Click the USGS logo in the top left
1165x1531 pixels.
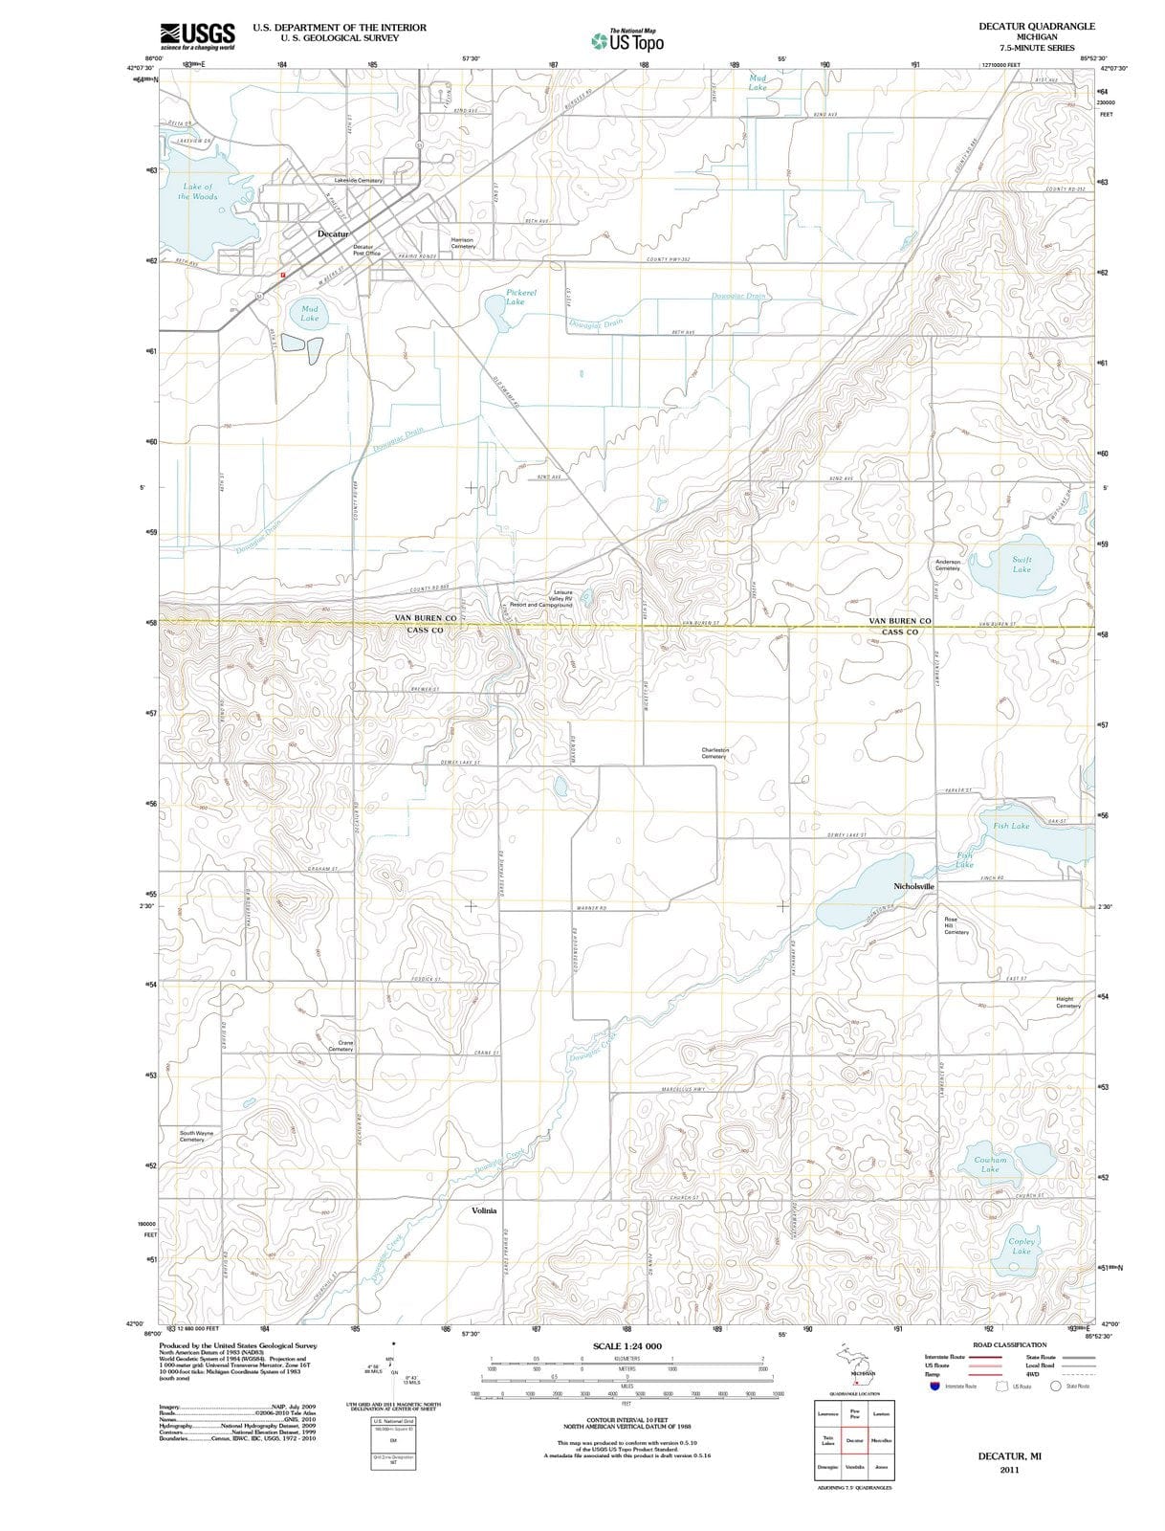(x=197, y=35)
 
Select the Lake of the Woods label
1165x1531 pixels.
(x=198, y=191)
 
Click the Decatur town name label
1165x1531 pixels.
(x=334, y=233)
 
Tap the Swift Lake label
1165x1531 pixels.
(x=1022, y=564)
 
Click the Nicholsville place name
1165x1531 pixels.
(x=913, y=886)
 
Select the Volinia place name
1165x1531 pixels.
(x=484, y=1210)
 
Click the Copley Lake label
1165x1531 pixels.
(x=1022, y=1246)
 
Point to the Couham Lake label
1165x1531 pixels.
(x=990, y=1164)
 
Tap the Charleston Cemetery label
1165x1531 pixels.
(x=714, y=753)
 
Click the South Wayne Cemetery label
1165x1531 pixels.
(x=197, y=1136)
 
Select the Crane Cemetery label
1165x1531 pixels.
(x=341, y=1046)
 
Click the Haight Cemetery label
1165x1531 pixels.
(x=1067, y=1002)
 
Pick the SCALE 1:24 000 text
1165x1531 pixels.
(x=626, y=1346)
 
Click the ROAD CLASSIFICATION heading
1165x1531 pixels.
(x=1009, y=1344)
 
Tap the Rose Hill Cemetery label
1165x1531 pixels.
(x=956, y=925)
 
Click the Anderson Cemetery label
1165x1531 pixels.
(x=947, y=565)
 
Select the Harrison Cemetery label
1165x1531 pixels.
(x=463, y=243)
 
